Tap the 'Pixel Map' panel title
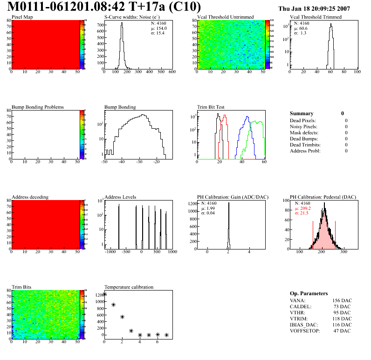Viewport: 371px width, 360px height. [22, 17]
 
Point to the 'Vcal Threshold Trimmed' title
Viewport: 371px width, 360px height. [316, 17]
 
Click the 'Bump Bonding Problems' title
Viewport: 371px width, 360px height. [37, 107]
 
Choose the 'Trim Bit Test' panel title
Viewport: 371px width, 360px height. [212, 107]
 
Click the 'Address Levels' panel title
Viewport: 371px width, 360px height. [120, 197]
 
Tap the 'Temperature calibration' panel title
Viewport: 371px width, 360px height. [129, 287]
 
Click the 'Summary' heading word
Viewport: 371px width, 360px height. [302, 113]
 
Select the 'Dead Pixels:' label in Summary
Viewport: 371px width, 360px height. [302, 120]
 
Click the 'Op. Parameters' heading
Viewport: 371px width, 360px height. [309, 293]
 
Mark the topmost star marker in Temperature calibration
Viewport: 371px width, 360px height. [105, 294]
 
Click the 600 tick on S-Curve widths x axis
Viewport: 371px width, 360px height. [172, 72]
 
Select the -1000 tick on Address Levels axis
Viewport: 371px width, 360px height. [110, 252]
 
